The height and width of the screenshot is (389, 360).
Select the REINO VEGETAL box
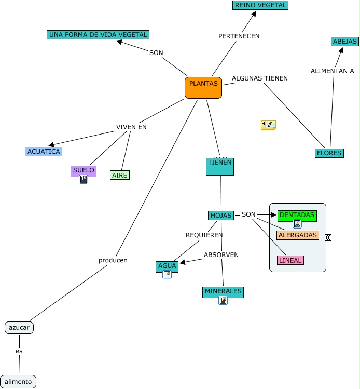pyautogui.click(x=260, y=5)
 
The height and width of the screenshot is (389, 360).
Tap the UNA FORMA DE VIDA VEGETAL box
pyautogui.click(x=98, y=35)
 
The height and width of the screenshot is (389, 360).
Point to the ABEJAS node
pyautogui.click(x=345, y=42)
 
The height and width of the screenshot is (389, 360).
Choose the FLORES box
pyautogui.click(x=329, y=153)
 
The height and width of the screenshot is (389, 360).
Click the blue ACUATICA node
pyautogui.click(x=44, y=152)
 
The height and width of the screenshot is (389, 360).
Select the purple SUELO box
pyautogui.click(x=84, y=170)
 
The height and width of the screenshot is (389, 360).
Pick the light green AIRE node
pyautogui.click(x=120, y=175)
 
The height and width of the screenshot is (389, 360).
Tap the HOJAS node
pyautogui.click(x=221, y=215)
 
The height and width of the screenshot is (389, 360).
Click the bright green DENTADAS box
pyautogui.click(x=297, y=215)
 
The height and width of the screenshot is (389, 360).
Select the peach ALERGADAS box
pyautogui.click(x=298, y=235)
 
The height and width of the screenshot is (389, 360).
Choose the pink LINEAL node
pyautogui.click(x=290, y=260)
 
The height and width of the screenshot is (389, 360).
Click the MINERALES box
pyautogui.click(x=223, y=291)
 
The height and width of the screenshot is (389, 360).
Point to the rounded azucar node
pyautogui.click(x=19, y=328)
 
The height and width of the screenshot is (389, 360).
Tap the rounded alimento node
pyautogui.click(x=18, y=382)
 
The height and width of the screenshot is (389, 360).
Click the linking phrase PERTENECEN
pyautogui.click(x=239, y=36)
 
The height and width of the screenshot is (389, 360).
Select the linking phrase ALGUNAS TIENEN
pyautogui.click(x=259, y=78)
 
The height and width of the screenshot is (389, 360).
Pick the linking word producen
pyautogui.click(x=113, y=260)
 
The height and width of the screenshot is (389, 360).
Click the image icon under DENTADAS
pyautogui.click(x=297, y=224)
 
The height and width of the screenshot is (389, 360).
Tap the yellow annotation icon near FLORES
pyautogui.click(x=268, y=125)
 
